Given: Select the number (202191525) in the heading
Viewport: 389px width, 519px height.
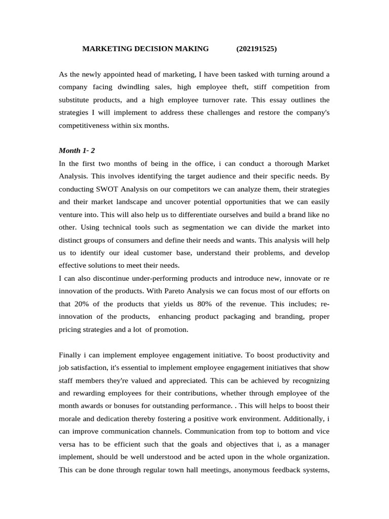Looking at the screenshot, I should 256,49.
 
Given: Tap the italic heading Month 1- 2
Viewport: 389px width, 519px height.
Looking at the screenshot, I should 75,151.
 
